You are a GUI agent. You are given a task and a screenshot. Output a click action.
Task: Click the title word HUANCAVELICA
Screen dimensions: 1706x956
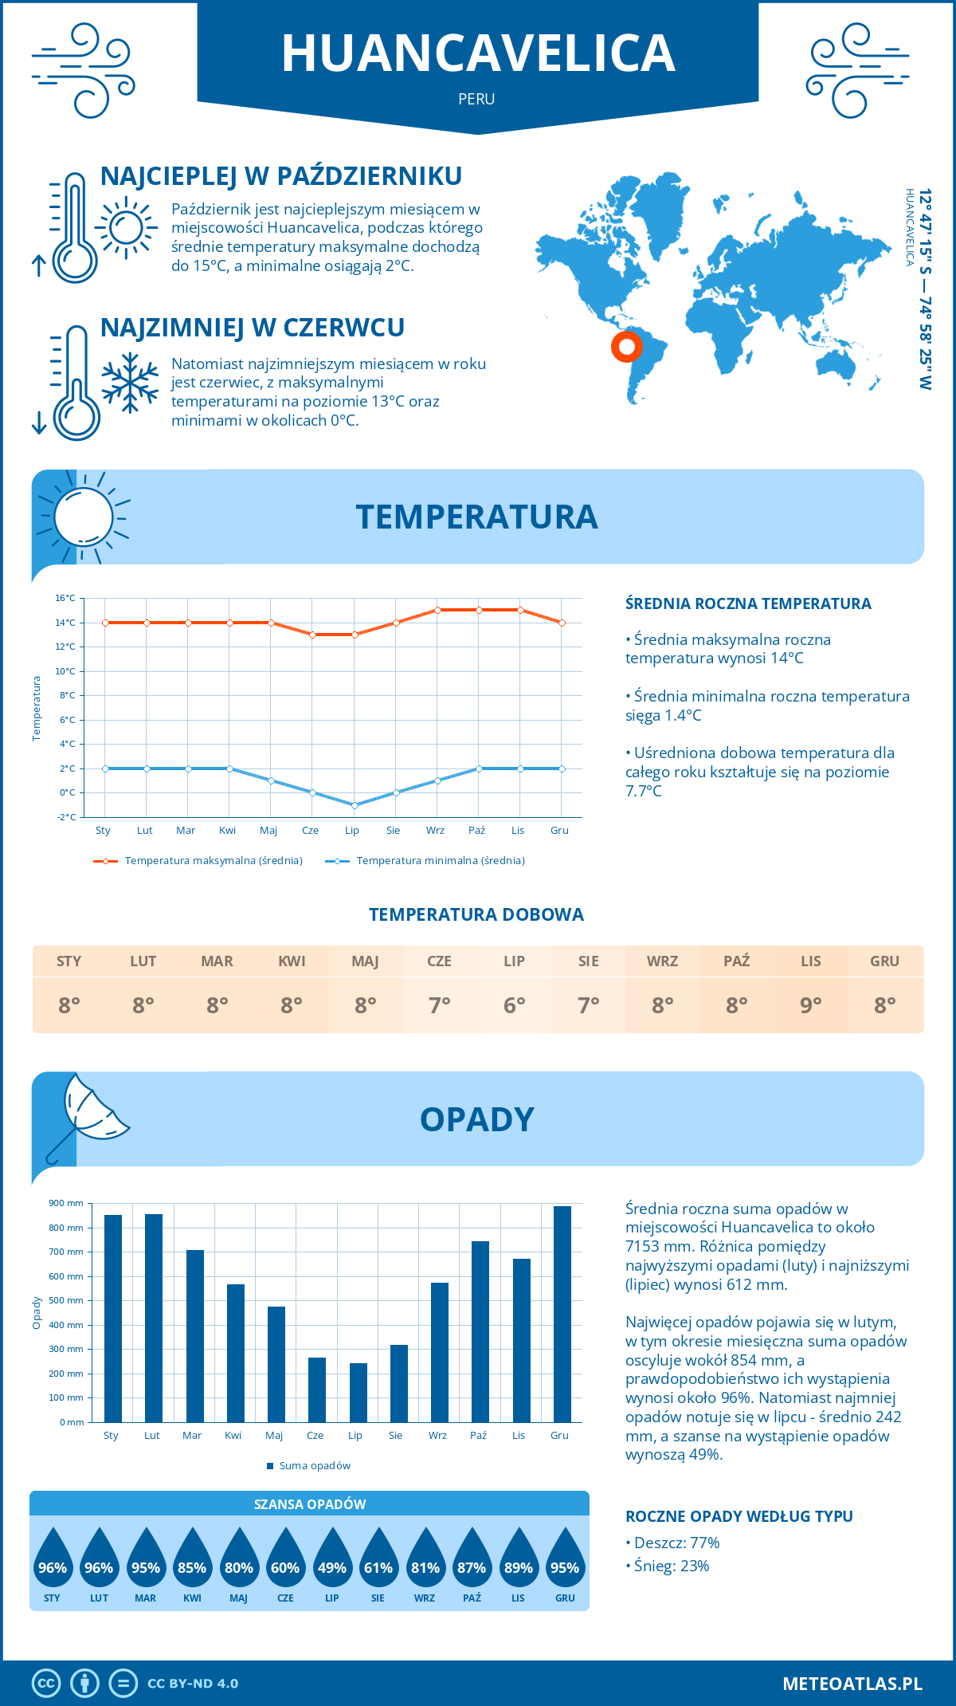click(478, 54)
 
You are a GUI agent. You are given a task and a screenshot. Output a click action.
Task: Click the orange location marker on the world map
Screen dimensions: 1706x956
click(627, 347)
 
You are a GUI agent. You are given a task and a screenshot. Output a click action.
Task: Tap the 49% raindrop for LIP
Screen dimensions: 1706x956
click(331, 1567)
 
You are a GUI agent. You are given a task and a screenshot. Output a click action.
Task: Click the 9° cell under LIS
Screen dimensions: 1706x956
click(810, 1005)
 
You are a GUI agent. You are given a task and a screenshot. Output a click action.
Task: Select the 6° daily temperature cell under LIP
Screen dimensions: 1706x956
click(514, 1005)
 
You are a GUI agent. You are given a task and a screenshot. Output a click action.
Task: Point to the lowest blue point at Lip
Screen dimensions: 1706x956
click(355, 805)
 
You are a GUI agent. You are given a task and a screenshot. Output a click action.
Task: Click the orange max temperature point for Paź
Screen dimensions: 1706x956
click(479, 610)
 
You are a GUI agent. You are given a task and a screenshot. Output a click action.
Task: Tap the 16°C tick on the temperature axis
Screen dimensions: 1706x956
click(65, 598)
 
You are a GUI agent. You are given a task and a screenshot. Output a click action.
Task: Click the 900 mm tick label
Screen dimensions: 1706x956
click(66, 1203)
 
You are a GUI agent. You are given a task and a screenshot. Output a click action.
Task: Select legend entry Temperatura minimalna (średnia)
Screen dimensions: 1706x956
click(440, 861)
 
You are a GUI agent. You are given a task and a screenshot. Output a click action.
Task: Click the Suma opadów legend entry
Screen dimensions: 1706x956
click(314, 1465)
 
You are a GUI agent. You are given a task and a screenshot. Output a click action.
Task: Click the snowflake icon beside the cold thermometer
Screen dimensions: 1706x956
click(130, 383)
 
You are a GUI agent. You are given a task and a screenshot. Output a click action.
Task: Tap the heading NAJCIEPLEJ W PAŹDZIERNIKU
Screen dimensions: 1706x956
click(281, 176)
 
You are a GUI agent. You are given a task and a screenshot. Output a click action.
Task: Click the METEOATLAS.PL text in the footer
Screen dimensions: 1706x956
click(852, 1684)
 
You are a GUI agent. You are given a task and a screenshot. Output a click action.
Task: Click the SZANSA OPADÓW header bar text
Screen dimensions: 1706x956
click(310, 1504)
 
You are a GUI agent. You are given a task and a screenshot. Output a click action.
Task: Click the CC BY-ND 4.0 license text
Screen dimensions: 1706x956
click(193, 1684)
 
